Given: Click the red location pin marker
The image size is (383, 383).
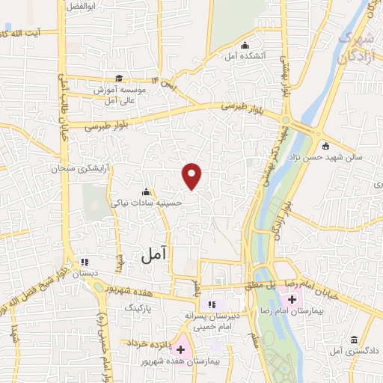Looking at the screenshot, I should (x=192, y=176).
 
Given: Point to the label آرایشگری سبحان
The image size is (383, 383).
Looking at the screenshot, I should (x=75, y=169).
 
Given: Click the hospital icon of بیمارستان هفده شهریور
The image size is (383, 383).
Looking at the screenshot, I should (x=180, y=349).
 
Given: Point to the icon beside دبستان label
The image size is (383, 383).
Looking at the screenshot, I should (x=84, y=262).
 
